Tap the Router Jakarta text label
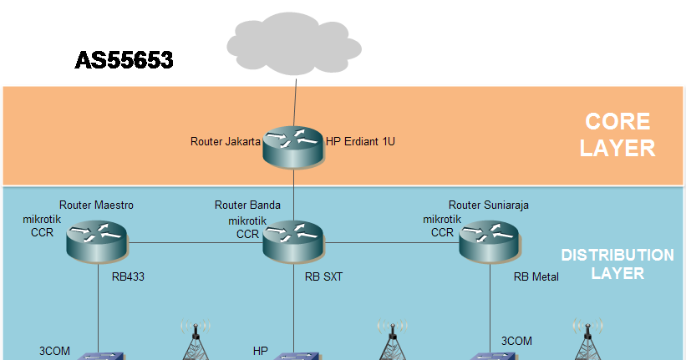[x=226, y=142]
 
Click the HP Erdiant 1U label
[x=359, y=142]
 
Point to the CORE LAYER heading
[x=617, y=135]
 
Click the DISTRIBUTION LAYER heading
[x=616, y=264]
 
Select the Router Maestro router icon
[x=99, y=241]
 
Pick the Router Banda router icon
[x=292, y=241]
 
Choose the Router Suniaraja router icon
[x=488, y=241]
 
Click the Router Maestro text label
[x=96, y=205]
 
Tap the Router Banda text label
[x=247, y=205]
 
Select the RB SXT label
[x=323, y=276]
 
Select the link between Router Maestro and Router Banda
[x=196, y=244]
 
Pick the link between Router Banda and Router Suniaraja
[x=390, y=244]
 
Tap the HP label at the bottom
[x=260, y=350]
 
